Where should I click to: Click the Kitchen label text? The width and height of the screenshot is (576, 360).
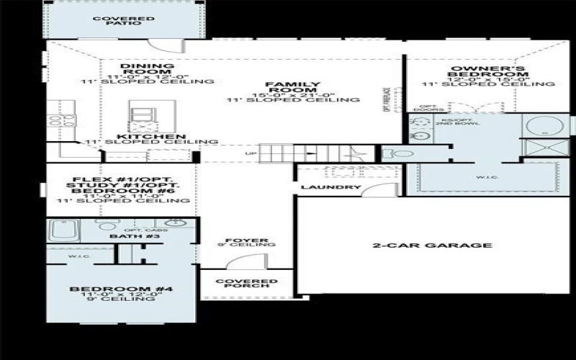151,136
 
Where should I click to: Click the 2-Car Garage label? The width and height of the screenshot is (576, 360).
432,246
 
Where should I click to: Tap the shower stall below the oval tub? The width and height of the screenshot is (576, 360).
546,150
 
